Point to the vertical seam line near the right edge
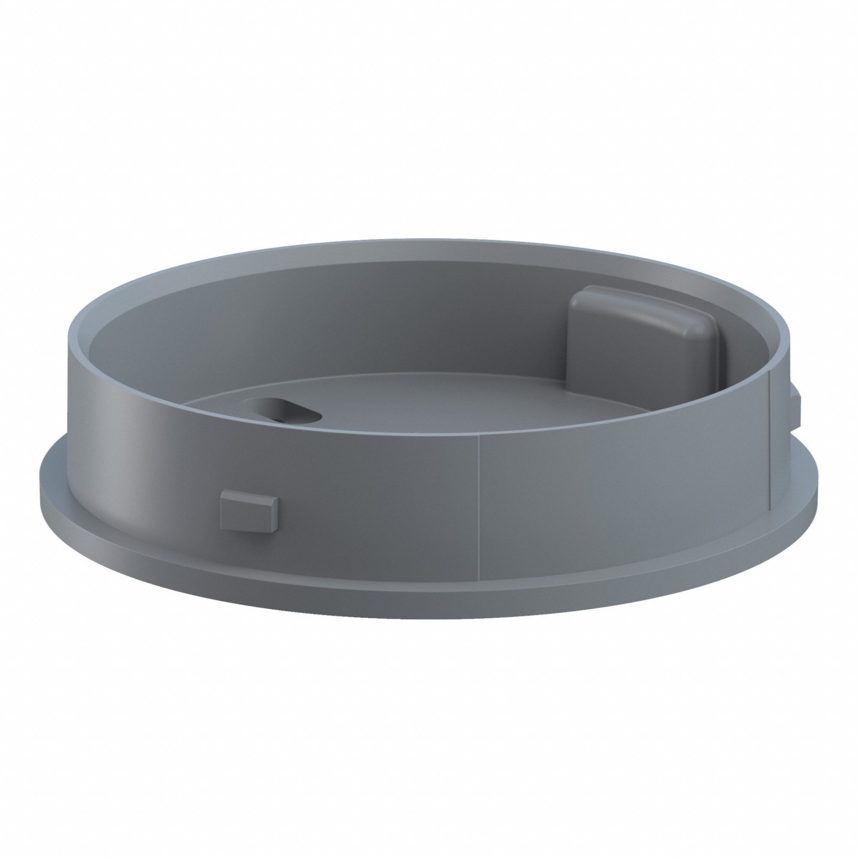pyautogui.click(x=769, y=444)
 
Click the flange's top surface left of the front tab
pyautogui.click(x=133, y=529)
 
